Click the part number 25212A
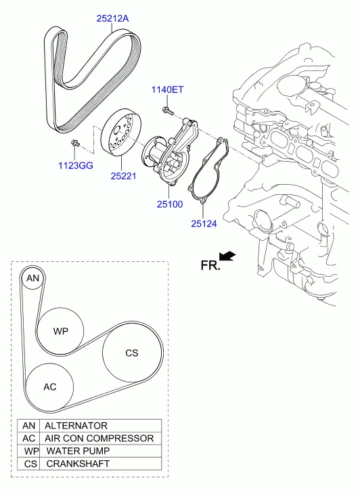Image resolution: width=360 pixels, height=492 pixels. click(x=112, y=18)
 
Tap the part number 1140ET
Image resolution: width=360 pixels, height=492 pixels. click(x=167, y=90)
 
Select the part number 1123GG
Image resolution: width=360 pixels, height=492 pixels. click(x=76, y=165)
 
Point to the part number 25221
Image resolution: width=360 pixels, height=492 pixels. click(x=123, y=176)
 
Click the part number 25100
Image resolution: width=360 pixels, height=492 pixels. click(x=170, y=204)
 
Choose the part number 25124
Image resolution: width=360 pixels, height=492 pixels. click(x=204, y=224)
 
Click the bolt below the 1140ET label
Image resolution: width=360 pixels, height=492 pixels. click(x=167, y=110)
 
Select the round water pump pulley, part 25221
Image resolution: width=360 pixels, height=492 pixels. click(x=121, y=131)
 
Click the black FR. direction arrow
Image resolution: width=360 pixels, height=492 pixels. click(x=228, y=256)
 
